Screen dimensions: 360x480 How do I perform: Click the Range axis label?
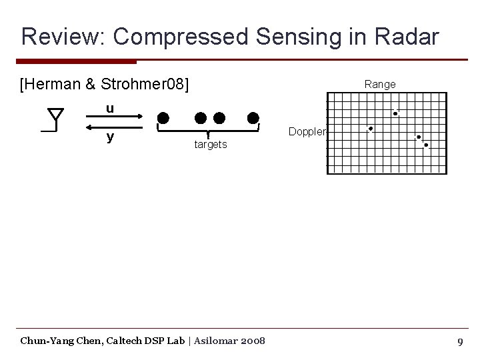point(379,85)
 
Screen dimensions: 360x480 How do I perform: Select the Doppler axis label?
point(307,132)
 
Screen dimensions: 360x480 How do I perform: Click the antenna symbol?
point(53,121)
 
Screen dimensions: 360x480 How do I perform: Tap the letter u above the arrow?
point(110,108)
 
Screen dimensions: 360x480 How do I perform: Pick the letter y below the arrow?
point(110,137)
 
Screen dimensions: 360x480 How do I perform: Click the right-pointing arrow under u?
point(115,119)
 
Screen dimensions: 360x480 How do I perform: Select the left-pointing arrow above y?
point(115,127)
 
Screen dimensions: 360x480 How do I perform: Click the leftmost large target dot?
point(163,119)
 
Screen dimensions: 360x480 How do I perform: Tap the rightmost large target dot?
point(253,119)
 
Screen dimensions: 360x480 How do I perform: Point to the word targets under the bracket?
point(210,145)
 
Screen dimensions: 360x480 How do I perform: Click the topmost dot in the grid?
point(395,114)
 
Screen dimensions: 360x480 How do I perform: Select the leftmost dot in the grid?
point(371,129)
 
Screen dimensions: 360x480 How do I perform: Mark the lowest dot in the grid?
point(426,145)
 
